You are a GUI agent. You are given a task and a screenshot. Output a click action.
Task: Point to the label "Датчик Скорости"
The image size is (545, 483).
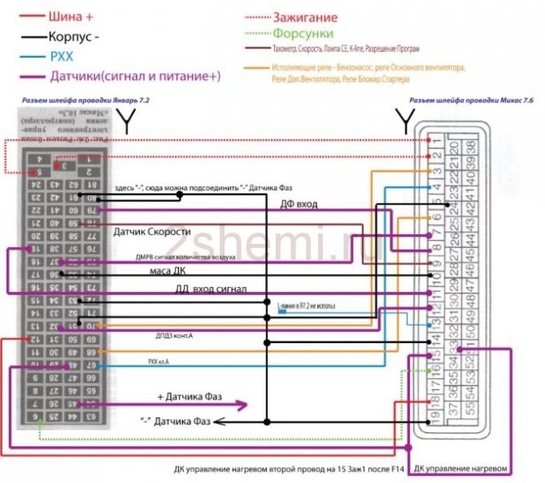(153, 231)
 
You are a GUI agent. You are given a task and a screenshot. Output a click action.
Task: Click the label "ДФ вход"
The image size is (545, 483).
(299, 204)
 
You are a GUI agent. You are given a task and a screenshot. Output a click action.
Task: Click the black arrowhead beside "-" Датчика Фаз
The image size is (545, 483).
(220, 421)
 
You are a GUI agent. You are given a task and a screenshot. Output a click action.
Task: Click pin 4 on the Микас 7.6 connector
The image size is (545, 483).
(438, 189)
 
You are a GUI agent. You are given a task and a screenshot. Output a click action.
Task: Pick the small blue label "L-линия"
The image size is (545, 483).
(306, 306)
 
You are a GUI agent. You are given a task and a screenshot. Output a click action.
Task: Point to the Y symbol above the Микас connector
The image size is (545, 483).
(403, 123)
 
